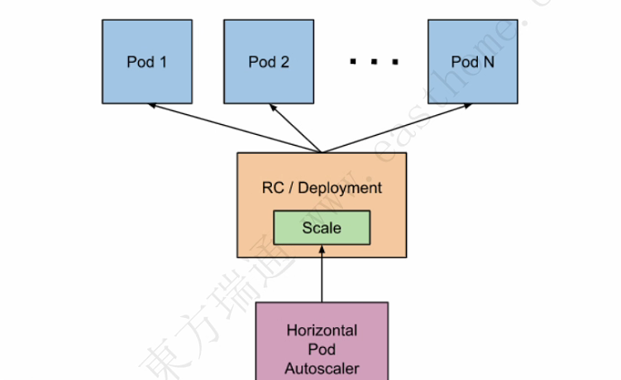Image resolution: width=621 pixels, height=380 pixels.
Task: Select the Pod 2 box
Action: point(268,60)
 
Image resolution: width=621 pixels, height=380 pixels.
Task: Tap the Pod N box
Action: point(471,60)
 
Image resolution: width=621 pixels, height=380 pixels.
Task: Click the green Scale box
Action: point(322,227)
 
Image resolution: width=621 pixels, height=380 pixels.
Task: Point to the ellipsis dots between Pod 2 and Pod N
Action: point(372,62)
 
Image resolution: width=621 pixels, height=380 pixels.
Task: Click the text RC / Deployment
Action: point(322,188)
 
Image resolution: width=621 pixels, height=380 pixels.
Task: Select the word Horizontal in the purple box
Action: point(322,330)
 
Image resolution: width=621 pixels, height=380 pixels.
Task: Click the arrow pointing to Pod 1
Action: point(232,127)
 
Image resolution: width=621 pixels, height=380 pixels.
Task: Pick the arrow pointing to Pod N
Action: point(397,128)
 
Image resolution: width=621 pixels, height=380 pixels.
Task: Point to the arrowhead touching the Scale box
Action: point(322,249)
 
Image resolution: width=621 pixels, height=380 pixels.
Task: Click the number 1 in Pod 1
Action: point(162,61)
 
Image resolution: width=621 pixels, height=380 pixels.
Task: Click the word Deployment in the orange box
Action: point(340,188)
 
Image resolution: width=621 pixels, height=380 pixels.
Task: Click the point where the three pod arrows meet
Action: point(322,152)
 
